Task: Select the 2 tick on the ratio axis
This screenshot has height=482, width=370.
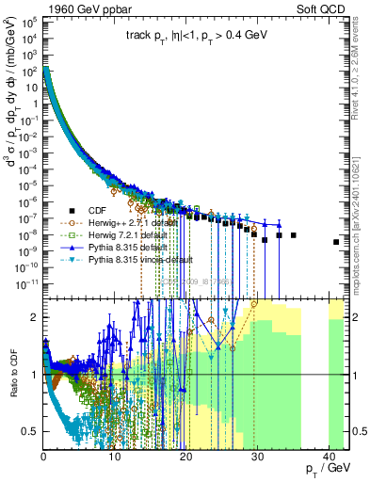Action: click(x=37, y=317)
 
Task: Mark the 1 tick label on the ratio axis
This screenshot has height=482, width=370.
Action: click(x=37, y=375)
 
